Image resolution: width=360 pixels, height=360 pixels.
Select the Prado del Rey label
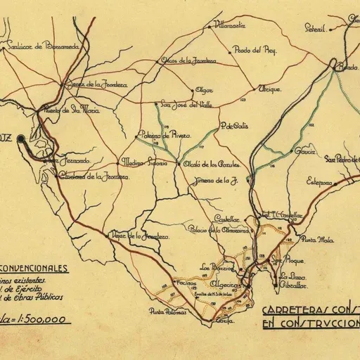click(256, 51)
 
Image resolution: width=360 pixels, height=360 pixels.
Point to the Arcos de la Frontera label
click(187, 60)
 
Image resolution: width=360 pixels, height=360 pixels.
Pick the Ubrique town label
click(270, 89)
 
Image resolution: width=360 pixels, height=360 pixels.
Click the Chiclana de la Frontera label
click(86, 176)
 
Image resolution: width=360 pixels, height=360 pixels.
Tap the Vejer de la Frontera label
click(141, 236)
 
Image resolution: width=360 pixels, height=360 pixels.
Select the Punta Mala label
click(316, 240)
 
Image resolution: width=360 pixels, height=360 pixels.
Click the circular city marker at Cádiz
click(21, 139)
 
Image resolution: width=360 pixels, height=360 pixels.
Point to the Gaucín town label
click(305, 151)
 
